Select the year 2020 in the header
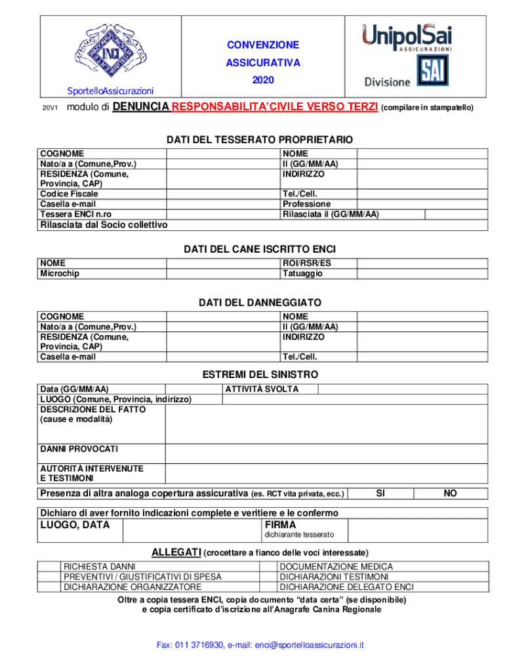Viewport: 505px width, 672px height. (263, 80)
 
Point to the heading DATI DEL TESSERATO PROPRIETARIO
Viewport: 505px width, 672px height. (260, 140)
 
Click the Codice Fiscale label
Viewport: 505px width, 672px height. (69, 194)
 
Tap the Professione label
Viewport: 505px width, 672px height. (306, 204)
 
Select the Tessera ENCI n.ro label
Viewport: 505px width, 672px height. (76, 214)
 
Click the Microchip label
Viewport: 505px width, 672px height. (60, 273)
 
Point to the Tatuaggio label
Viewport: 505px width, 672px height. (302, 273)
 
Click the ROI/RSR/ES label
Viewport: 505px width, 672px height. (307, 263)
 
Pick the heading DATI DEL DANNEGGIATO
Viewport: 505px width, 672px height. (260, 303)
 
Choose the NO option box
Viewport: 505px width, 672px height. (450, 493)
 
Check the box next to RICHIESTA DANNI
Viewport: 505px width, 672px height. (49, 566)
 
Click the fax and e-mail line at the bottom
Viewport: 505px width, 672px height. (260, 645)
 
